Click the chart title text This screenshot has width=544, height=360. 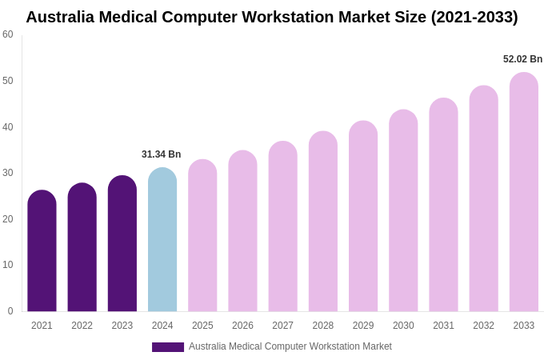[272, 17]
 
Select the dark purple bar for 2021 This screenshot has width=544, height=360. [42, 251]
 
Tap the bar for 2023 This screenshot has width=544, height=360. [122, 244]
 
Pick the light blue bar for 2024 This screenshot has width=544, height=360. [162, 240]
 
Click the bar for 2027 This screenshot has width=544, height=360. [282, 227]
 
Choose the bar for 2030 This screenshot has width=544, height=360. [403, 211]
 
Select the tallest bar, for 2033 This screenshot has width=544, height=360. [524, 193]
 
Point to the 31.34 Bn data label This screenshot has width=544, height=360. [162, 154]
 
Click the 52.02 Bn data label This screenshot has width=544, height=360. [522, 59]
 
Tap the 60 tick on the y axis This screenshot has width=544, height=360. [8, 34]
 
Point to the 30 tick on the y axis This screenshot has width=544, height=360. [8, 173]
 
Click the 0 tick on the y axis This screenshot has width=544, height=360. [10, 311]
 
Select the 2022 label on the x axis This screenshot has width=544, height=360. [82, 326]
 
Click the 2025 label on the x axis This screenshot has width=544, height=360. [202, 326]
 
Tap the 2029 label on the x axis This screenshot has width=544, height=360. [363, 326]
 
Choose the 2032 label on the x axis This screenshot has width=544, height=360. [483, 326]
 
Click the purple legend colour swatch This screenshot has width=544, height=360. [168, 347]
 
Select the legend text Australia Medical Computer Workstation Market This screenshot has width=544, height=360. [290, 346]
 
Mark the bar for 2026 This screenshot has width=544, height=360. [242, 231]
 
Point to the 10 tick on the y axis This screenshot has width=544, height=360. [8, 265]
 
